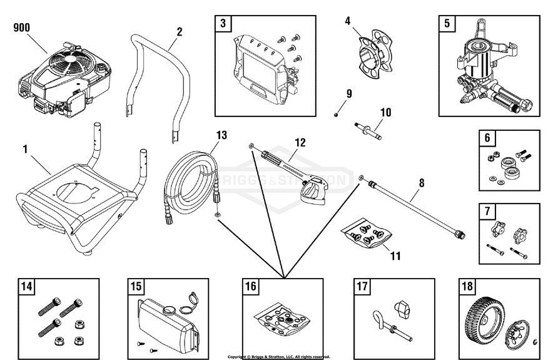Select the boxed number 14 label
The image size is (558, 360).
tap(26, 287)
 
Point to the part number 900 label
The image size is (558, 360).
tap(22, 28)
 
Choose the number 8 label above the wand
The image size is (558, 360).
tap(421, 183)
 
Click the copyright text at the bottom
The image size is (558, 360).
tap(278, 356)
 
